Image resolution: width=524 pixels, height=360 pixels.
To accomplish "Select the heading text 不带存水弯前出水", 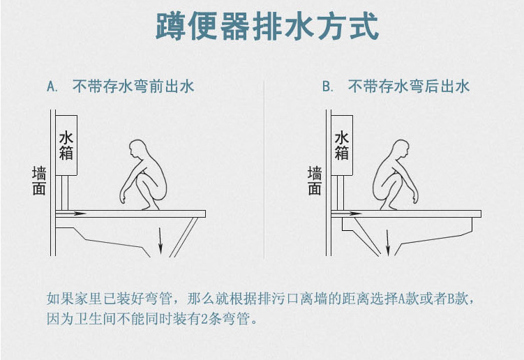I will tap(133, 87).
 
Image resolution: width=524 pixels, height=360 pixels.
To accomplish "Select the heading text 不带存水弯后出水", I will tap(409, 87).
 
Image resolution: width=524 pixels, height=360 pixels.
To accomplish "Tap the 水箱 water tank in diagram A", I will tap(66, 145).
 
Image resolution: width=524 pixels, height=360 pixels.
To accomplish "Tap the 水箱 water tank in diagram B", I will tap(342, 145).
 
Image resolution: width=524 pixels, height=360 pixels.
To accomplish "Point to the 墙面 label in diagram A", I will tap(39, 181).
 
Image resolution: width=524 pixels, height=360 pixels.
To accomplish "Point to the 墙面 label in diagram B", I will tap(315, 181).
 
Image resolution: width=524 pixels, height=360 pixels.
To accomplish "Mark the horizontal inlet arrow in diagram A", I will tap(73, 212).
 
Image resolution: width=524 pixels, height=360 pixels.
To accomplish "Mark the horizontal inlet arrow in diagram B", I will tap(349, 212).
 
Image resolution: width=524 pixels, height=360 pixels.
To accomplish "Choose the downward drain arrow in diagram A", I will tap(160, 241).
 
